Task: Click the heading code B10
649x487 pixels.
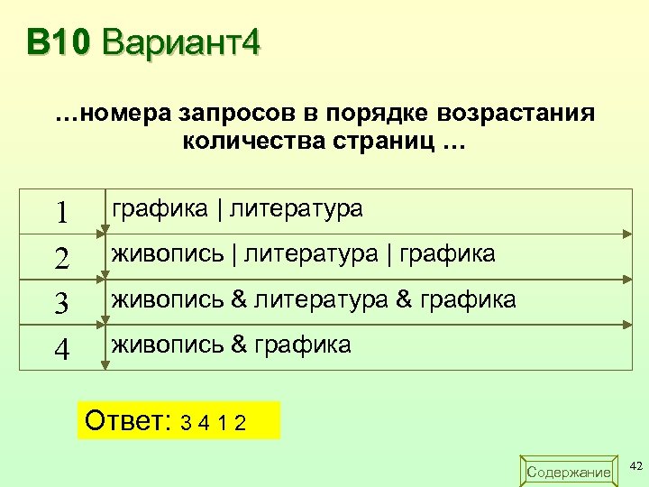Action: click(x=59, y=41)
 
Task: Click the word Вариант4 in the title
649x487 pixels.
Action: click(x=181, y=41)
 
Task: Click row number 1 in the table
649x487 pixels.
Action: click(x=62, y=212)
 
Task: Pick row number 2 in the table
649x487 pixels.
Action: click(x=62, y=259)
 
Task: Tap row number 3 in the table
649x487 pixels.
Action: click(x=62, y=303)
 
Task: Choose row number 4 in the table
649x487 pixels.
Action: click(x=62, y=348)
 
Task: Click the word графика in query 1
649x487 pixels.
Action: click(x=160, y=210)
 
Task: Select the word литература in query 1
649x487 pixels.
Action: click(x=297, y=210)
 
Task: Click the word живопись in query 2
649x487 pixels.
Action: click(x=167, y=254)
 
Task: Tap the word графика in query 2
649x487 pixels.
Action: click(x=446, y=254)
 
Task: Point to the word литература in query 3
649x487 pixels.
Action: click(x=320, y=299)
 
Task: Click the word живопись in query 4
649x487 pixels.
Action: click(x=167, y=345)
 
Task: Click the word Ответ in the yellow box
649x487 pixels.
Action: click(x=127, y=420)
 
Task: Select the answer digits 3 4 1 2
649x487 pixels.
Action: click(x=215, y=422)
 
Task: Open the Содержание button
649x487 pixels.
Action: click(x=568, y=472)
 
